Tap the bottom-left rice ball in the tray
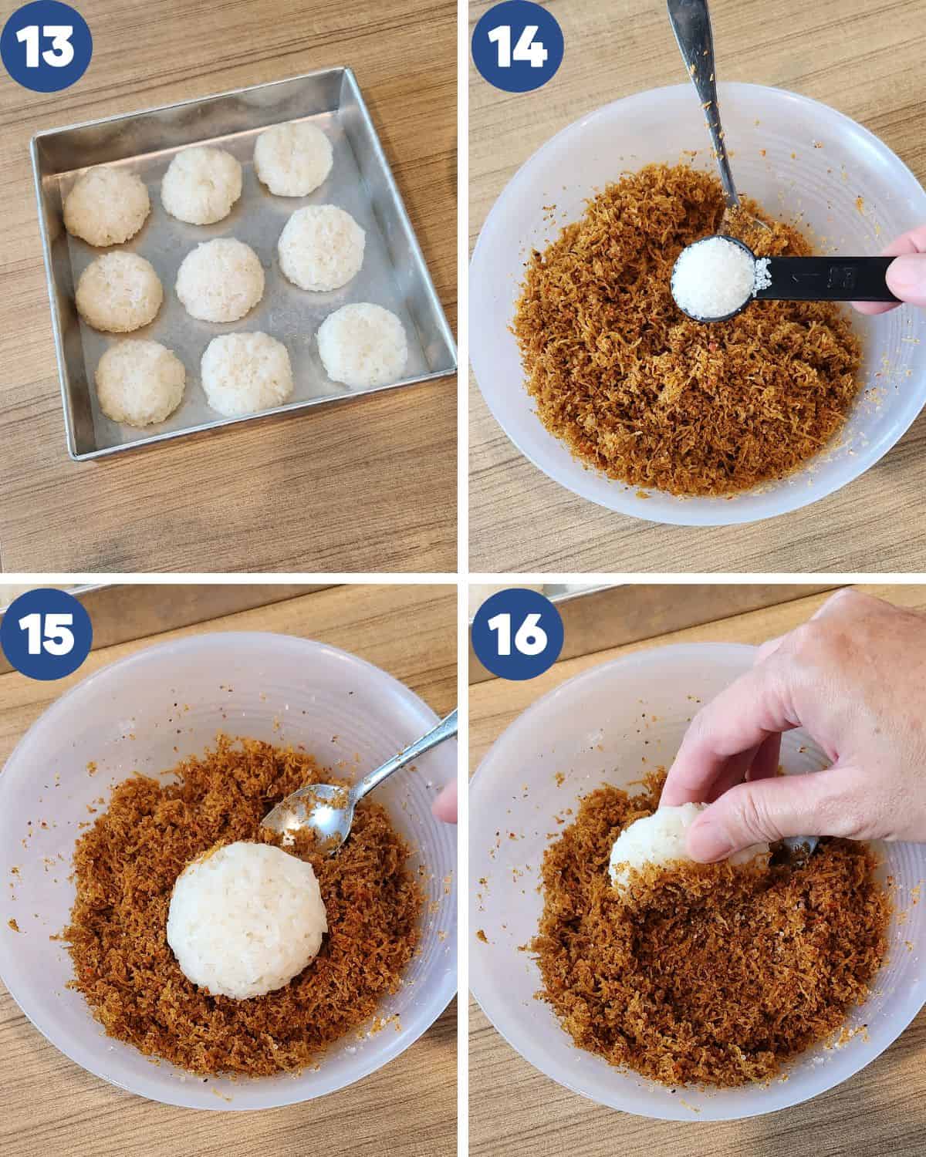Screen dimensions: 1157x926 140,380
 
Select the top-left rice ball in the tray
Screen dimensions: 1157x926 106,206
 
